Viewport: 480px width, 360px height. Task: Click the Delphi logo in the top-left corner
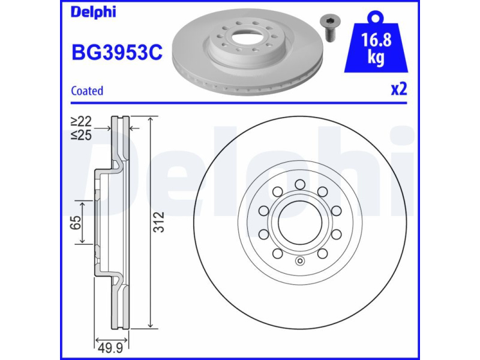[x=94, y=12]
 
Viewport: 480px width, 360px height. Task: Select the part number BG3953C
[x=117, y=52]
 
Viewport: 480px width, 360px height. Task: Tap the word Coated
[x=87, y=91]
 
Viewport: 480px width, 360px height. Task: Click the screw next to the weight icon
[x=327, y=29]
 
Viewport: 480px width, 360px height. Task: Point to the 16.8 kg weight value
[x=376, y=47]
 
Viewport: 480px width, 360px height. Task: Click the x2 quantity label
[x=399, y=89]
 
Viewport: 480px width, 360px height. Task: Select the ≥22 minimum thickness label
[x=81, y=122]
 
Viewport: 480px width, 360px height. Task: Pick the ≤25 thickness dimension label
[x=81, y=134]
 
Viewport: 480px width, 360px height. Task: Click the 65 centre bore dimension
[x=76, y=222]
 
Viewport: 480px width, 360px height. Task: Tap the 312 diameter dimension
[x=159, y=222]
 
